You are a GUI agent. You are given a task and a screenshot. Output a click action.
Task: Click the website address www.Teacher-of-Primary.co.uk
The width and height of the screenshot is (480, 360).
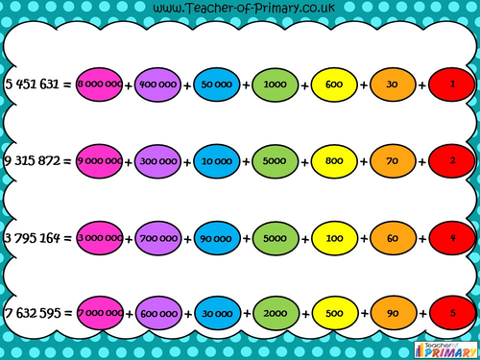pyautogui.click(x=239, y=9)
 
